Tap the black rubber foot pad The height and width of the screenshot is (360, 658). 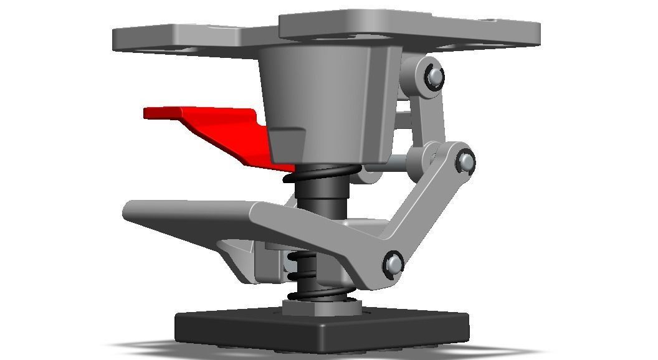[x=321, y=327]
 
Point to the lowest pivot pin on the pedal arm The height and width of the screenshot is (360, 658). [x=393, y=264]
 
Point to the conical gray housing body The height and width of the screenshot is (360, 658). [x=324, y=100]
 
